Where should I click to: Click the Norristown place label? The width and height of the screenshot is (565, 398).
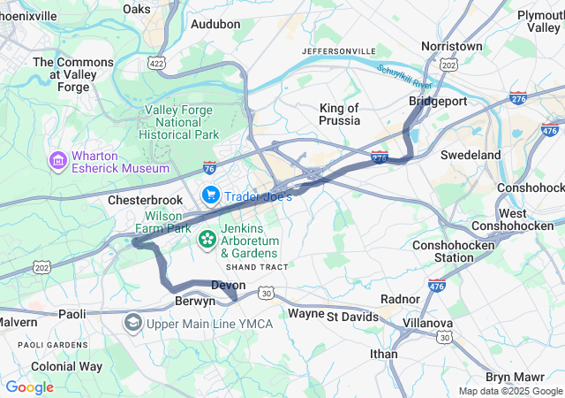tap(452, 45)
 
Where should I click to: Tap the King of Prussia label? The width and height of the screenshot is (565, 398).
tap(339, 114)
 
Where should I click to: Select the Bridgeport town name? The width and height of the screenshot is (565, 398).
tap(438, 102)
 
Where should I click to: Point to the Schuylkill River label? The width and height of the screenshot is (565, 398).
tap(404, 76)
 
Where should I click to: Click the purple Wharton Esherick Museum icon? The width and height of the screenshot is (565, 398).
tap(58, 162)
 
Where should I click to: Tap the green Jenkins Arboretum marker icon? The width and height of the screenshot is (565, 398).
tap(207, 240)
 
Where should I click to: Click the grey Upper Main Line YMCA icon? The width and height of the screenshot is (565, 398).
tap(133, 323)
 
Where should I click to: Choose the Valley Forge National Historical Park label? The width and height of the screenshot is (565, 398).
tap(181, 122)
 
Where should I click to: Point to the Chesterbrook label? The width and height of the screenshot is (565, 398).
tap(145, 201)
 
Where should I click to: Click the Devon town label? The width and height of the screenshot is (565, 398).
tap(229, 285)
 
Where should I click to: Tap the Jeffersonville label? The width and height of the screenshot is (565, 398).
tap(339, 51)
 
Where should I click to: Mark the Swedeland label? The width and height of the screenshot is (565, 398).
tap(471, 155)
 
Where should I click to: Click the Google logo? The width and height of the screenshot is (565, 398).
tap(29, 387)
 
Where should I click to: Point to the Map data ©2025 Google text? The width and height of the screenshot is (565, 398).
tap(509, 391)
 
